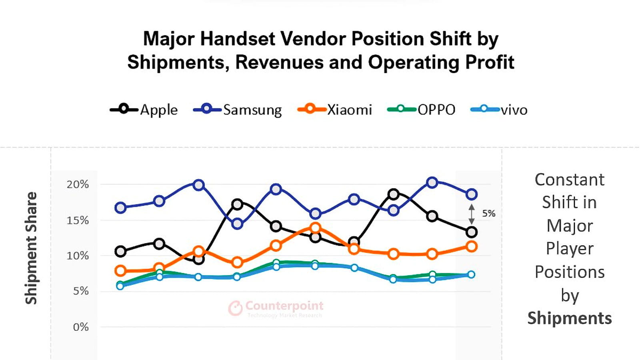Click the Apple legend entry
click(144, 110)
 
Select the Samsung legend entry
click(238, 110)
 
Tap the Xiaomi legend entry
click(335, 110)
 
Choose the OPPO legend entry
click(422, 110)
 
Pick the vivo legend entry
click(499, 110)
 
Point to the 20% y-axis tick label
click(78, 184)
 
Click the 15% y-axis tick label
click(78, 220)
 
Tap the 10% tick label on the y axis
click(78, 256)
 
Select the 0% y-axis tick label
click(81, 327)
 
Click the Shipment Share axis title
click(31, 248)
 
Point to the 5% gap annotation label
click(488, 214)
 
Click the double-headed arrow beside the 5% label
click(472, 214)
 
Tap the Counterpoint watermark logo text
click(284, 306)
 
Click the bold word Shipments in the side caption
click(570, 318)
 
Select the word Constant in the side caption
click(570, 180)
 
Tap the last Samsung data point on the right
click(472, 194)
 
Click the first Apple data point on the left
click(120, 252)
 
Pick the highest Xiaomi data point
click(315, 228)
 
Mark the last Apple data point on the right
click(472, 232)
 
